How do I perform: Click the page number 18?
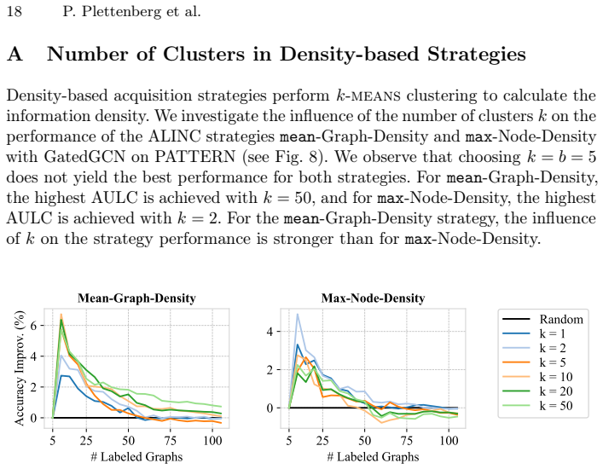tap(14, 12)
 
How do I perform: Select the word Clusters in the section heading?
tap(204, 54)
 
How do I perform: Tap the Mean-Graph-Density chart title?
tap(136, 298)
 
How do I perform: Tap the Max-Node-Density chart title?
tap(373, 298)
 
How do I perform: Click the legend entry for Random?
tap(543, 319)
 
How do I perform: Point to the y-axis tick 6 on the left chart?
tap(33, 326)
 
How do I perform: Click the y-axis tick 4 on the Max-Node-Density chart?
tap(270, 332)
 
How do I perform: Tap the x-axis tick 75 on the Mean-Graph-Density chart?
tap(170, 441)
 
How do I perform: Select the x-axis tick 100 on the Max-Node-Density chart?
tap(449, 441)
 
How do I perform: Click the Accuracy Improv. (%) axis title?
tap(19, 368)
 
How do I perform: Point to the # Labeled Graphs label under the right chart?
tap(373, 457)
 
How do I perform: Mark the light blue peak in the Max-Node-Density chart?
tap(298, 315)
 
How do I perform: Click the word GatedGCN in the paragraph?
tap(84, 157)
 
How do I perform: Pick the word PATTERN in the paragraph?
tap(195, 157)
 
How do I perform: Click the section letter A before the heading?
tap(14, 54)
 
